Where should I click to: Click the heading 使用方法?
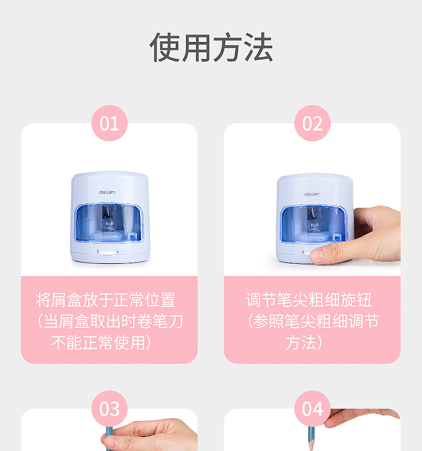[x=211, y=47]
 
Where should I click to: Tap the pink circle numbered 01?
[x=109, y=123]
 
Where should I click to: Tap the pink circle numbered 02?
[x=312, y=123]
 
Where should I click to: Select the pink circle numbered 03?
[x=109, y=408]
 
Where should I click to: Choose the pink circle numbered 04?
[x=312, y=408]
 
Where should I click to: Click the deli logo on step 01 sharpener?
[x=107, y=192]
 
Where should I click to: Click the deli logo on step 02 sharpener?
[x=312, y=194]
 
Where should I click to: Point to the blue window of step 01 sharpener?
[x=109, y=222]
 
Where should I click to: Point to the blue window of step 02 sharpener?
[x=314, y=224]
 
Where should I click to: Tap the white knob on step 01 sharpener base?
[x=107, y=253]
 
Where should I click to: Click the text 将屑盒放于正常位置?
[x=106, y=300]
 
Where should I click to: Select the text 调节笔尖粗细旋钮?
[x=309, y=300]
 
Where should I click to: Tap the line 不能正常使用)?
[x=101, y=342]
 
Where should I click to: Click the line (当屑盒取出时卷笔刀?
[x=110, y=321]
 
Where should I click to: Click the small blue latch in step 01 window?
[x=133, y=237]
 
